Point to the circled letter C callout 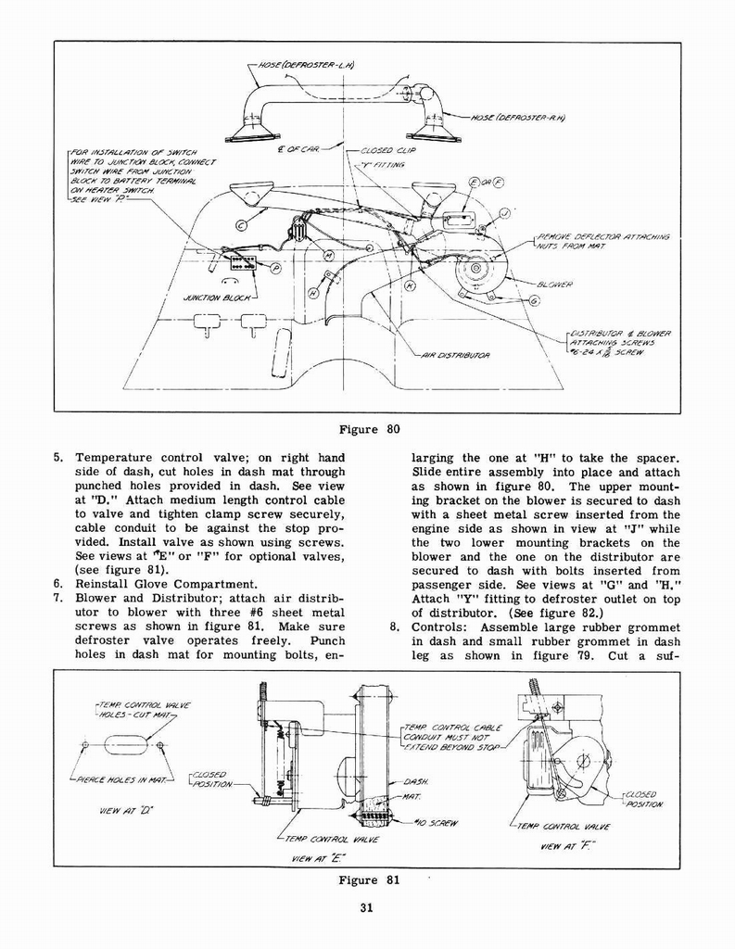[241, 224]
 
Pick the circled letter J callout [504, 212]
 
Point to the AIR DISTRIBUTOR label [455, 355]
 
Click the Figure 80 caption [368, 429]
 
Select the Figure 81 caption [368, 880]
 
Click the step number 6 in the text [58, 584]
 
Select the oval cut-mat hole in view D [123, 744]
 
